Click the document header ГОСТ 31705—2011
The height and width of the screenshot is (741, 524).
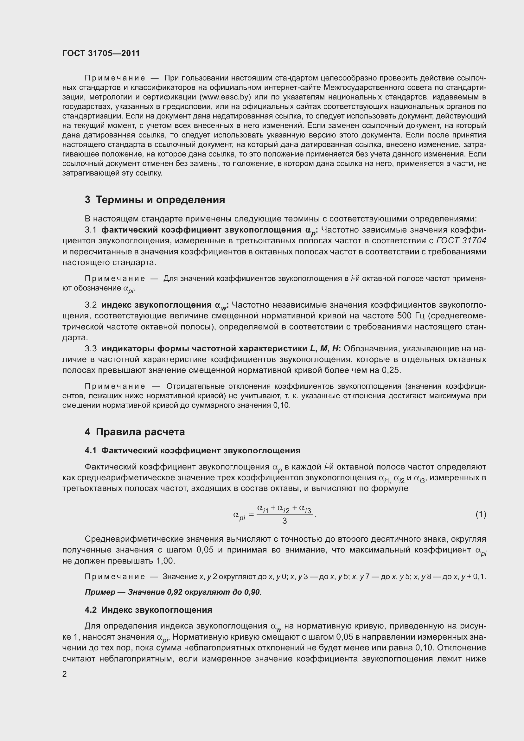coord(101,53)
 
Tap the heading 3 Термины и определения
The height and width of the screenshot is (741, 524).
coord(155,200)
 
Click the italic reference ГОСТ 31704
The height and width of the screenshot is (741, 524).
coord(461,241)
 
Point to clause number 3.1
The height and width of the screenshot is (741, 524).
coord(91,230)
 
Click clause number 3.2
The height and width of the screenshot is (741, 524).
coord(91,305)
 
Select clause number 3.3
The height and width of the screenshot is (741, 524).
coord(91,348)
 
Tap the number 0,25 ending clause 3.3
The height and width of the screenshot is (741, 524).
coord(391,370)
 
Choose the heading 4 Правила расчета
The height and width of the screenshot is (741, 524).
coord(135,432)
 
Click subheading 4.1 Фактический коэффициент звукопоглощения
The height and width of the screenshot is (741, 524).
coord(192,450)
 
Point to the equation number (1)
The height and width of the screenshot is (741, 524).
coord(481,514)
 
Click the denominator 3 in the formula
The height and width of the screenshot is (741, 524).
coord(284,521)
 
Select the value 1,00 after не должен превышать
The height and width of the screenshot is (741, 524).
coord(165,561)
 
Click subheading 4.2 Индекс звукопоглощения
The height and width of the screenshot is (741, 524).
coord(148,610)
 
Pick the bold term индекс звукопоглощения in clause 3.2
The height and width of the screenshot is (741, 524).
coord(157,305)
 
